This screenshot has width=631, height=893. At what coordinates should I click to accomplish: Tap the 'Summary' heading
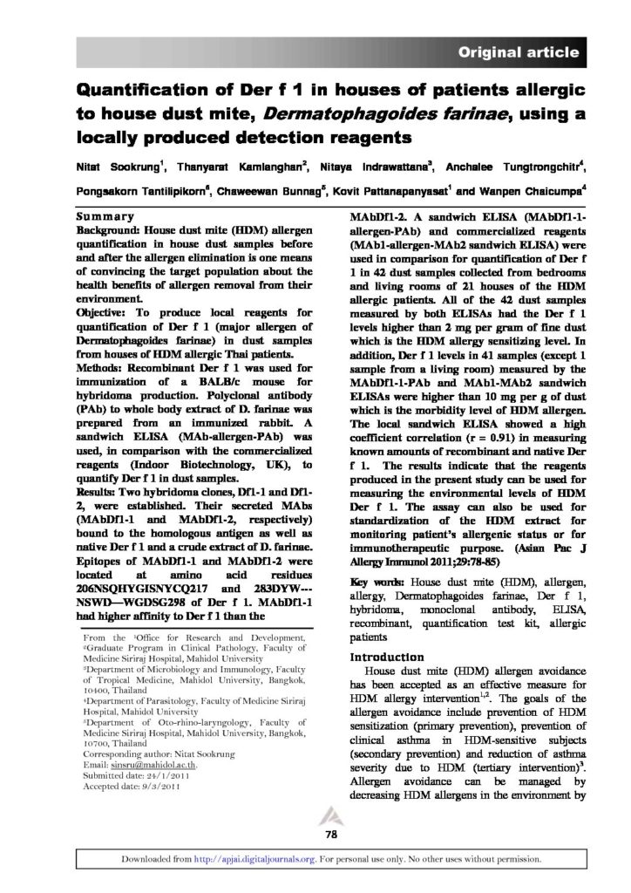(104, 215)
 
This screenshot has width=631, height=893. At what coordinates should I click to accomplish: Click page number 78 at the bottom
(331, 835)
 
